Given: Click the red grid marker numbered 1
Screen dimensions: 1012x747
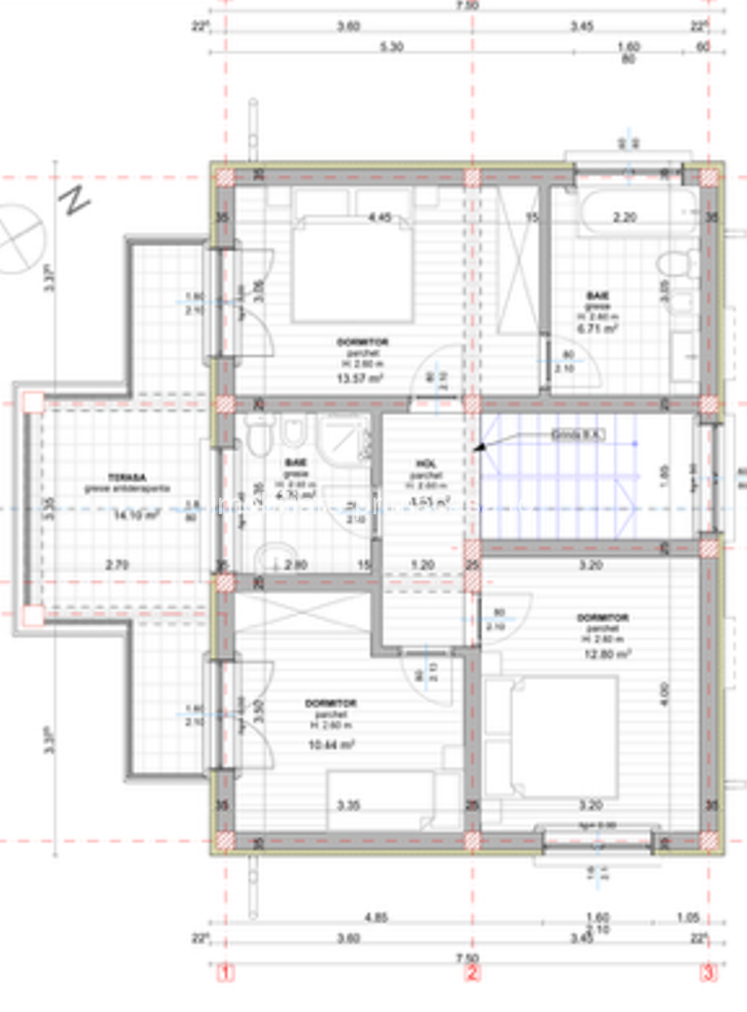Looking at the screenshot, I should (227, 973).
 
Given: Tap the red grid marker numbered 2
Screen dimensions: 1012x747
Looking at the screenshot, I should (472, 973).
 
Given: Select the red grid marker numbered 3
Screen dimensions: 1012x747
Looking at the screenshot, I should (708, 973).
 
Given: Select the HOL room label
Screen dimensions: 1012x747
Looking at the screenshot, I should (426, 462).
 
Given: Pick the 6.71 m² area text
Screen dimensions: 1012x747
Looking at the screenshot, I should (593, 330).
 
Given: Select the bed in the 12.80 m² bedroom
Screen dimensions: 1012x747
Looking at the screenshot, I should (552, 736).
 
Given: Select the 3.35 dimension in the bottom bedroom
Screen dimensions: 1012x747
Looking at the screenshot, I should (349, 806).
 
